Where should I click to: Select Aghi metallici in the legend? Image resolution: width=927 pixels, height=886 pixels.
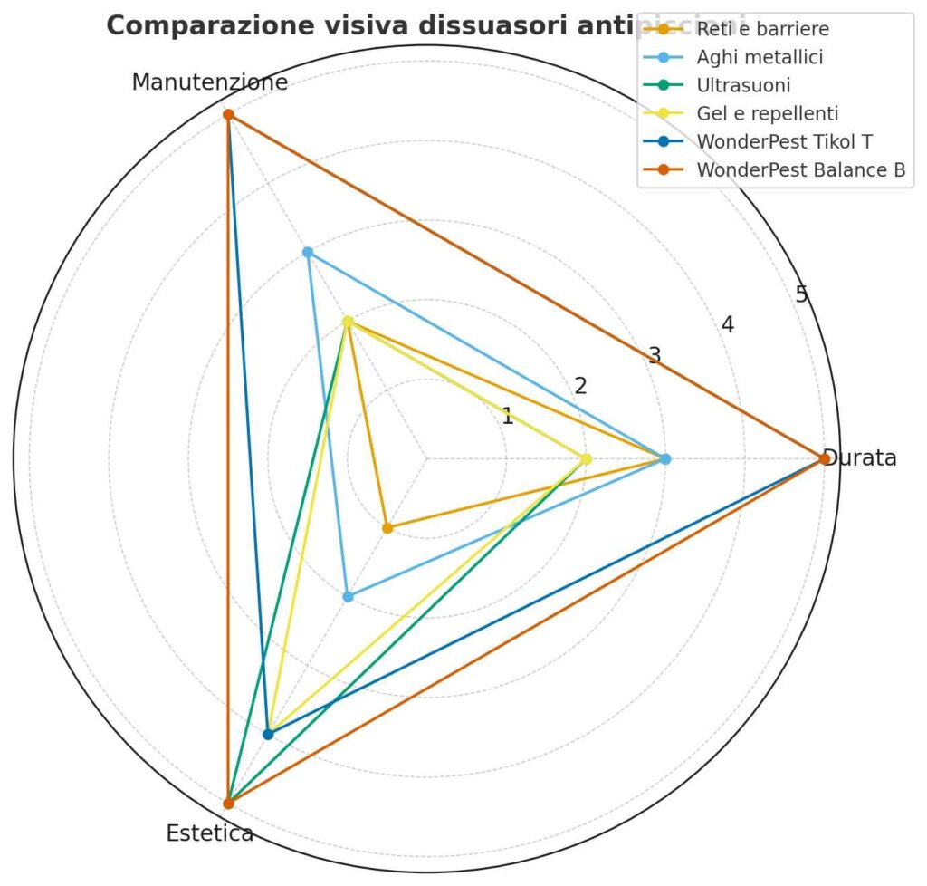tap(760, 57)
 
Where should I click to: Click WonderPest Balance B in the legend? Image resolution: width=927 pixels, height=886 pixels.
tap(801, 169)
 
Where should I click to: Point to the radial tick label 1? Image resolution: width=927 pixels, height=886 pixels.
tap(507, 417)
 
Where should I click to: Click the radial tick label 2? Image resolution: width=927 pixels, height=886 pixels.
tap(580, 385)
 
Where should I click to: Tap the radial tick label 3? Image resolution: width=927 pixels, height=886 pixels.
tap(654, 354)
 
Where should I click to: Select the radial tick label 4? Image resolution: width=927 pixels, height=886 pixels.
tap(727, 323)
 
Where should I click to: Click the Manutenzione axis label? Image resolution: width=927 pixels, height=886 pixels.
tap(210, 82)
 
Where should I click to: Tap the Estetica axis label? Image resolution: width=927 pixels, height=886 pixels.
tap(210, 833)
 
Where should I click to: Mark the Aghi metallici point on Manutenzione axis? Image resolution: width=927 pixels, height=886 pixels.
tap(308, 252)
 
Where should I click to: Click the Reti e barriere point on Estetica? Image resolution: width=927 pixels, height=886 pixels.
tap(387, 527)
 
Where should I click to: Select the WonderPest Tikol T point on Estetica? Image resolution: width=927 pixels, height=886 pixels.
tap(268, 734)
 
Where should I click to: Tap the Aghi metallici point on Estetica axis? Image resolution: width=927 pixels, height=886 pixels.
tap(348, 596)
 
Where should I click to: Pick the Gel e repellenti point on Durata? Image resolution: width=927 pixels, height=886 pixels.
tap(586, 459)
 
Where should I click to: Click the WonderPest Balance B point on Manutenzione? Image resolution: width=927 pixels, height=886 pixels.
tap(228, 115)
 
